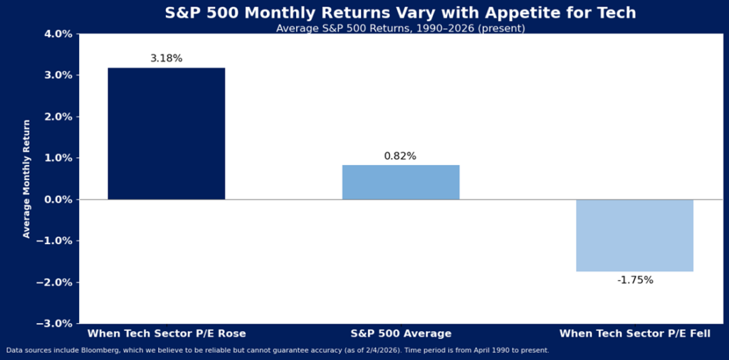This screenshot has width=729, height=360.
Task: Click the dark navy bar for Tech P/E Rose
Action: (166, 134)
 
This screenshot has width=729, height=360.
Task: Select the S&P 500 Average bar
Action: (401, 182)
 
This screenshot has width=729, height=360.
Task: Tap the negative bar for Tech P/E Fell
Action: (634, 235)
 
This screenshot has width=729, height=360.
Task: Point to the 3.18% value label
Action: (166, 58)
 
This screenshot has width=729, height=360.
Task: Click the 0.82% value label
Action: (400, 156)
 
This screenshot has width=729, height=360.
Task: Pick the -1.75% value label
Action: (634, 280)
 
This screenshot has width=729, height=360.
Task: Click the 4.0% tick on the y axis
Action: (58, 34)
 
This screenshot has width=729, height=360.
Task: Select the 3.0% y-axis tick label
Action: (58, 75)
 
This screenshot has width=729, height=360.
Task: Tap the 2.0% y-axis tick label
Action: (58, 117)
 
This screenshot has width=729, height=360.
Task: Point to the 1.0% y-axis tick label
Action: (58, 158)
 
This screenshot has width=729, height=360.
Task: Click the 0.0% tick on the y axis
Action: (58, 199)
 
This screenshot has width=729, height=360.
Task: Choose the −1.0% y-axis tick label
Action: (56, 240)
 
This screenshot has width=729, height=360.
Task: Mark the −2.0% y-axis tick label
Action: (56, 282)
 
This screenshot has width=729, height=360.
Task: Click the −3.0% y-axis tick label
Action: (56, 324)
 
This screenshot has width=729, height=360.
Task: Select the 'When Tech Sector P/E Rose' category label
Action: (166, 333)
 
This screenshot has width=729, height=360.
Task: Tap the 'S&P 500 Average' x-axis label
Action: (401, 333)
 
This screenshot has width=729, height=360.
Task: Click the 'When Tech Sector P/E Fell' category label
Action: (634, 333)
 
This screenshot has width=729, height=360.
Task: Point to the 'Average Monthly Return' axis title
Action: (27, 179)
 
